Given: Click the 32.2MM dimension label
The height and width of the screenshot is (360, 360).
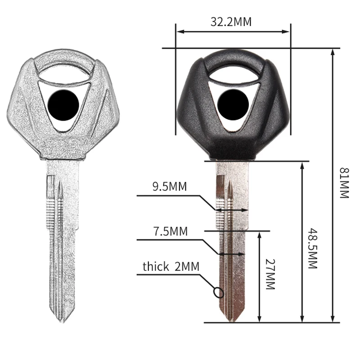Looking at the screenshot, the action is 231,22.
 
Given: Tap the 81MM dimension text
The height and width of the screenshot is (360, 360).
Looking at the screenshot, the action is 344,183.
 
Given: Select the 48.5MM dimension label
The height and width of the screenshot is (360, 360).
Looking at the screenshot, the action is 313,248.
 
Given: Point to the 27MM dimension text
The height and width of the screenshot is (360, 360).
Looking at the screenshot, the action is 270,274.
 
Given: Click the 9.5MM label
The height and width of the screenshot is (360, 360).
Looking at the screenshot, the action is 170,186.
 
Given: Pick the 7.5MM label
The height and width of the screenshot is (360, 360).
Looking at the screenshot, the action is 171,231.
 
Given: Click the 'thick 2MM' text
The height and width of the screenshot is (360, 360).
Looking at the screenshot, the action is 171,266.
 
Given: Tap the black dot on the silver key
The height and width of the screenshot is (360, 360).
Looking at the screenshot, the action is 63,105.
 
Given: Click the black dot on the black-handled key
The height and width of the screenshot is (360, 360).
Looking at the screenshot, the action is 233,104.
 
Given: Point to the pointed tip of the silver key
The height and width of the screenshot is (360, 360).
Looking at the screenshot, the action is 63,322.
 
